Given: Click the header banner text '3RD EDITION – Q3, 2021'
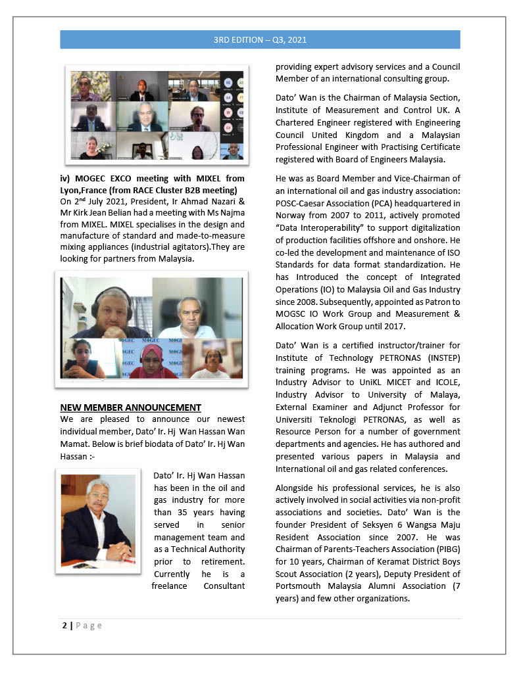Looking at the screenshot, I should (x=260, y=39).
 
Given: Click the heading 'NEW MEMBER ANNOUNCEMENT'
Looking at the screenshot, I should (x=130, y=407).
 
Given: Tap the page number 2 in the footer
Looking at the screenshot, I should (x=64, y=626).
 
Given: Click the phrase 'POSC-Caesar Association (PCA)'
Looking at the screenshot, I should (x=335, y=202).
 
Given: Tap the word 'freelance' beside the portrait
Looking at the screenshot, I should (x=172, y=585).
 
